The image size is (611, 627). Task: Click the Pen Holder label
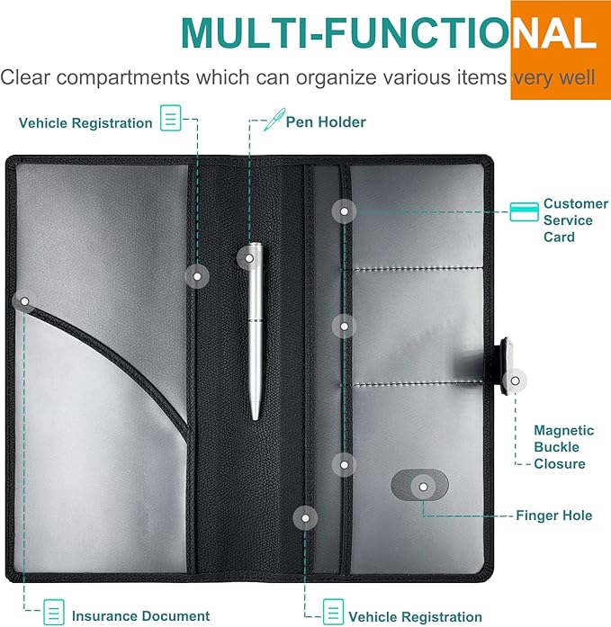coord(326,122)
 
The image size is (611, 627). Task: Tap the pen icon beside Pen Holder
coord(274,120)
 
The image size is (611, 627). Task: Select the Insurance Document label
coord(140,615)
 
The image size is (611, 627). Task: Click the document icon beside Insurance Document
coord(54,612)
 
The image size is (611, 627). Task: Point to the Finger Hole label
coord(553,515)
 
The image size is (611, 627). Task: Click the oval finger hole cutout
coord(420,485)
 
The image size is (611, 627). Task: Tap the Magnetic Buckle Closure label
coord(564,447)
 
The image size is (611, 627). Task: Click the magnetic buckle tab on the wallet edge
coord(506,365)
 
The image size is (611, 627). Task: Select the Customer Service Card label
coord(576,219)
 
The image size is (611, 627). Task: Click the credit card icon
coord(524,212)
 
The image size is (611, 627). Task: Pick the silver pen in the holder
coord(256,330)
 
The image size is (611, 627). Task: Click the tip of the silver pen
coord(256,418)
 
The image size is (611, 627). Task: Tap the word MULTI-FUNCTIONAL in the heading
coord(389,34)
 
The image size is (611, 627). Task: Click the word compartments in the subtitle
coord(122,77)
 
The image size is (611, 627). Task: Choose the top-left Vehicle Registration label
coord(85,122)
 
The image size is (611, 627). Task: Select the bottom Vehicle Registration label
coord(415,616)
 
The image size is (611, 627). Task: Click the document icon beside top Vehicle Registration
coord(171,118)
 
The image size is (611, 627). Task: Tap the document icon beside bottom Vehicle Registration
coord(333,612)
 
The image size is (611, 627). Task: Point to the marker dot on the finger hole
coord(423,487)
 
